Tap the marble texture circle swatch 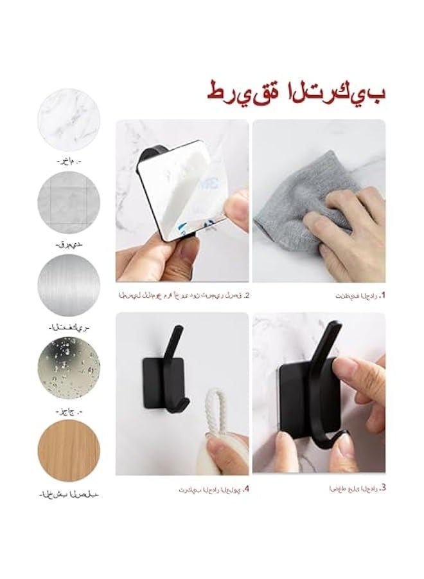(x=69, y=118)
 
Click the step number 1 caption (x=360, y=296)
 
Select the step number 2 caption (x=184, y=296)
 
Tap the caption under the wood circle (x=70, y=494)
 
